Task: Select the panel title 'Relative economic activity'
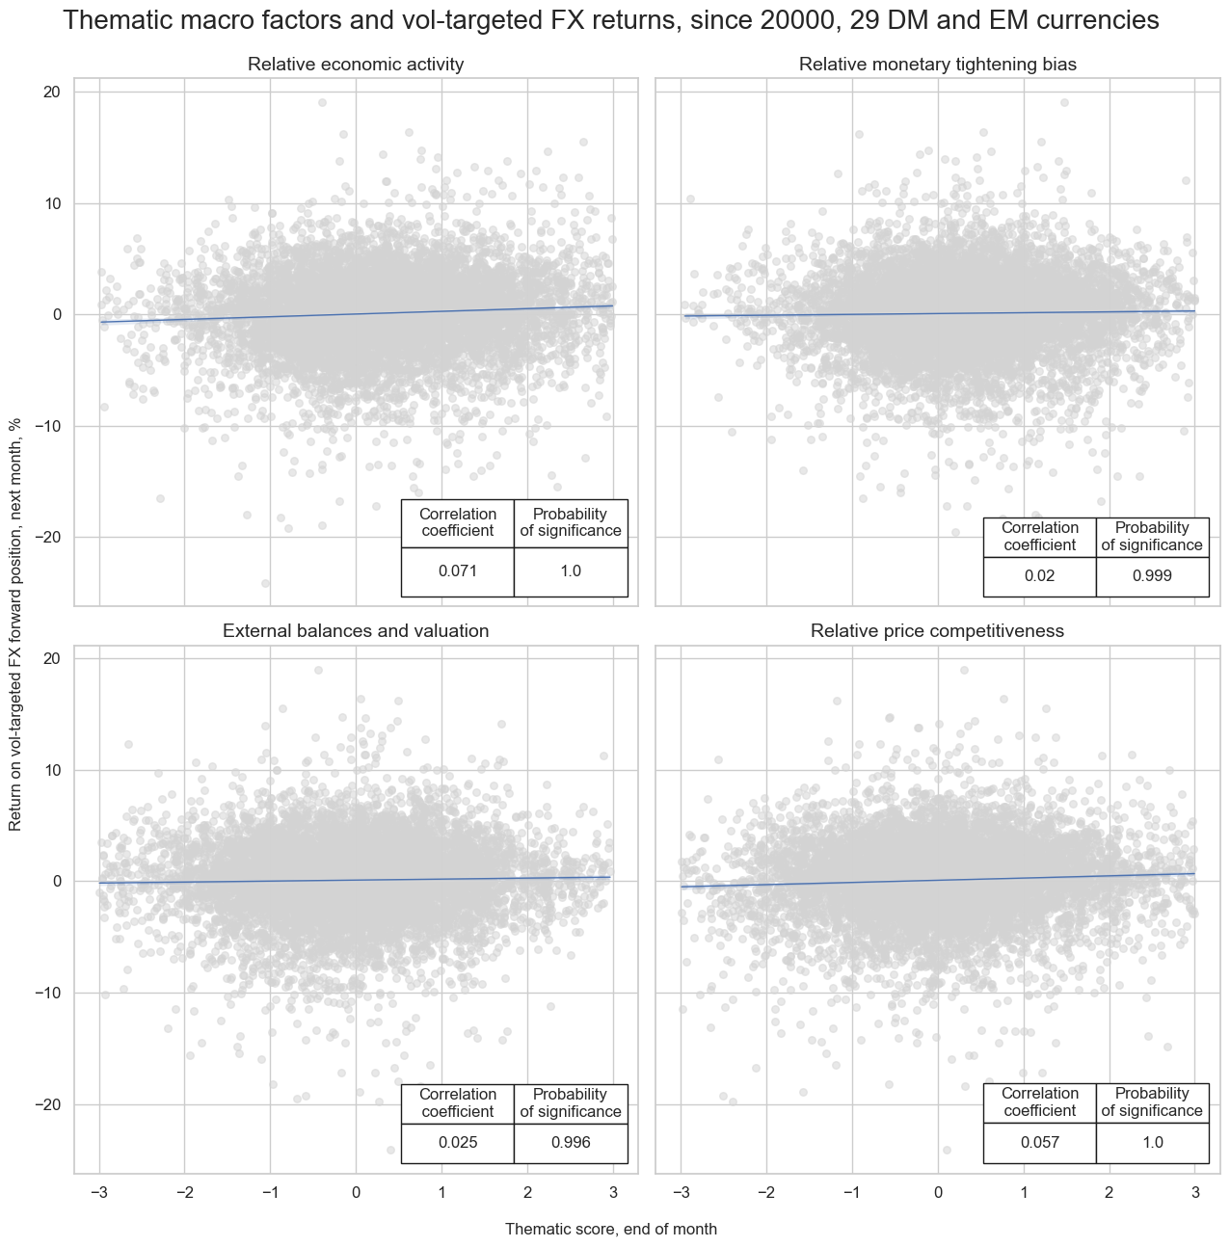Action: (x=356, y=65)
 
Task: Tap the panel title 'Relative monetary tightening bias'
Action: (x=938, y=65)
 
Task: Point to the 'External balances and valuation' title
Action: (x=356, y=631)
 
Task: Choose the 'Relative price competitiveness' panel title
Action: (x=938, y=631)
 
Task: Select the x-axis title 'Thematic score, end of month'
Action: (x=611, y=1229)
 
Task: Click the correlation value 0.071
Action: (x=458, y=571)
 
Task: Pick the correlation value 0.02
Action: (x=1040, y=576)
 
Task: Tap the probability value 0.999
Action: (x=1152, y=576)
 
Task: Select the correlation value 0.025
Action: (x=458, y=1143)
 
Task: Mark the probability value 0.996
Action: (x=571, y=1143)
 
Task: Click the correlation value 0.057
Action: (x=1040, y=1143)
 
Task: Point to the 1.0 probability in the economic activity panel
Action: (x=571, y=571)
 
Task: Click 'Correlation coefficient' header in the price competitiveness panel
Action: (x=1040, y=1101)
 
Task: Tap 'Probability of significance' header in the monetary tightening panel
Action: (x=1152, y=536)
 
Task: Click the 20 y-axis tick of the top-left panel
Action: (x=51, y=92)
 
